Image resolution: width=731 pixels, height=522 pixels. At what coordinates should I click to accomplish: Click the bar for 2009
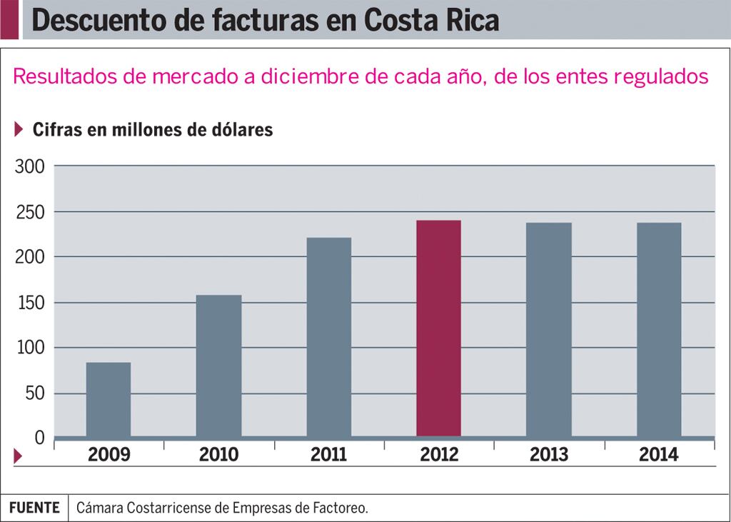tap(108, 399)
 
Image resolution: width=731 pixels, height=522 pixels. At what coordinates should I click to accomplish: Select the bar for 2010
tap(218, 366)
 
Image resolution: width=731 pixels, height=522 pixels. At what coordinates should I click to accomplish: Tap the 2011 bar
tap(328, 337)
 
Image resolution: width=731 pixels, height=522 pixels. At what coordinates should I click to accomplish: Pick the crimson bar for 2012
tap(438, 328)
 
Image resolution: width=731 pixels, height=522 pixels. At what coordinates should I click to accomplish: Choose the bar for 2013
tap(548, 329)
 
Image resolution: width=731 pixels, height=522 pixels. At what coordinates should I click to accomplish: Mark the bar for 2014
tap(659, 329)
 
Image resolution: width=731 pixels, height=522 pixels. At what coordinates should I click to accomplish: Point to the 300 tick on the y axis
tap(30, 166)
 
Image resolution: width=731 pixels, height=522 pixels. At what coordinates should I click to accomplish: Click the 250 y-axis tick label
tap(30, 212)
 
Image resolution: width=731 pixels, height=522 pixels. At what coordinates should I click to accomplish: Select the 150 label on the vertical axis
tap(30, 303)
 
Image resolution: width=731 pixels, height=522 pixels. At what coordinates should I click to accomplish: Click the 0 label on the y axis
tap(39, 437)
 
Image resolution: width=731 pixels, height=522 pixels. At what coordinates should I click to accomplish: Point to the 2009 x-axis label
tap(109, 455)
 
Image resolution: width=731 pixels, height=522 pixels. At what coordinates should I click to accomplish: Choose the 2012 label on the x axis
tap(438, 455)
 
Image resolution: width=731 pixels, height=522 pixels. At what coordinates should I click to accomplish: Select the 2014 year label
tap(658, 455)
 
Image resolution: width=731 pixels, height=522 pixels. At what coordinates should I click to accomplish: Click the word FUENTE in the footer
tap(34, 508)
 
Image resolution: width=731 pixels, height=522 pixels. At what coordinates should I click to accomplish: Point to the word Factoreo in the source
tap(340, 508)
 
